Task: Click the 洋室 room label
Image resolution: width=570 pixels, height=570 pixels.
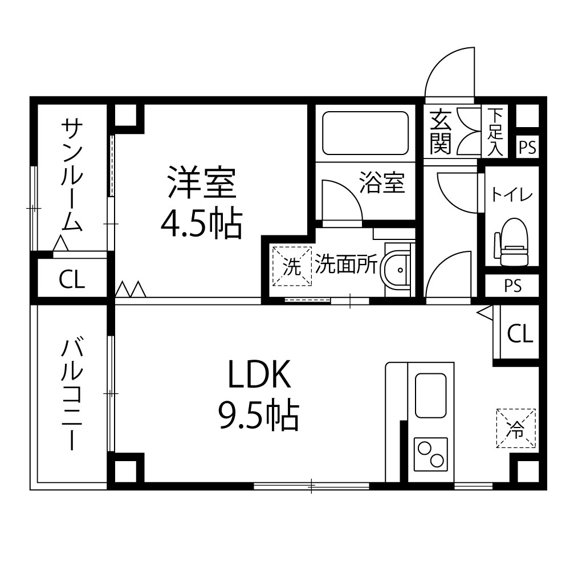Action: click(202, 182)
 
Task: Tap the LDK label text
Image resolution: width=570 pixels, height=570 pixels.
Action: click(259, 374)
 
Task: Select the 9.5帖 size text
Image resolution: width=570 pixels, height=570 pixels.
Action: click(258, 415)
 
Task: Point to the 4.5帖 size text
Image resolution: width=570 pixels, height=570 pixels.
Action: click(201, 222)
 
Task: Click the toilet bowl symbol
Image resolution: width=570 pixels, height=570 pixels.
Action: click(512, 242)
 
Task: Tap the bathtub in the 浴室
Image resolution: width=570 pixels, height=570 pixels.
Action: click(365, 133)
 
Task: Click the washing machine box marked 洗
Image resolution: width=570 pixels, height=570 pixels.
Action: click(292, 266)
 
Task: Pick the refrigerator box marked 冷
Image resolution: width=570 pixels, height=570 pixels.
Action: click(516, 428)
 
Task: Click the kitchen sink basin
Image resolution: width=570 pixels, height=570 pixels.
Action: click(431, 395)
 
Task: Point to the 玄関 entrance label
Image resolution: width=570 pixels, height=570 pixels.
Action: click(441, 131)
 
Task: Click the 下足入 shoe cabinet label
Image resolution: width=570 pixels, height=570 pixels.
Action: click(495, 132)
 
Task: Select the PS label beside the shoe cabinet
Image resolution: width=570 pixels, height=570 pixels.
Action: click(527, 148)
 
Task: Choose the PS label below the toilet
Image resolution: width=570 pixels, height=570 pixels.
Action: click(512, 286)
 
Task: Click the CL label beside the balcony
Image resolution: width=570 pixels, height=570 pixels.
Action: click(72, 280)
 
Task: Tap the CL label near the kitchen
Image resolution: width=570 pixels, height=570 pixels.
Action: click(520, 333)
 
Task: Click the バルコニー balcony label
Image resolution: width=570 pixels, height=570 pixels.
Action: click(72, 394)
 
